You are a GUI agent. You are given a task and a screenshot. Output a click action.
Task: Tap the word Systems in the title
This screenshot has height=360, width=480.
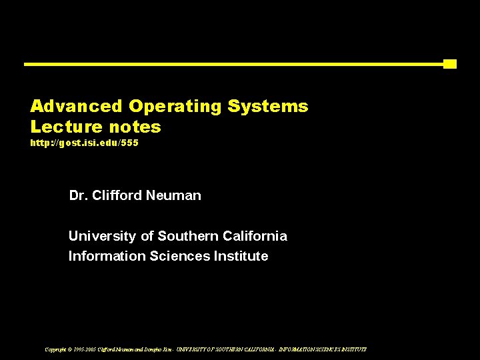click(x=268, y=106)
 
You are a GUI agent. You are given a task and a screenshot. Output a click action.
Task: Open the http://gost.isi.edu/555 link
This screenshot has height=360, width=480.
click(x=84, y=143)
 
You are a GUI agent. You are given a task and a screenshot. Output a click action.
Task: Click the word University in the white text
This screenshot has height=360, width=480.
click(x=103, y=236)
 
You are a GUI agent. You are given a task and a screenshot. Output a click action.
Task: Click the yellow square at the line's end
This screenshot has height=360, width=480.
click(x=450, y=64)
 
